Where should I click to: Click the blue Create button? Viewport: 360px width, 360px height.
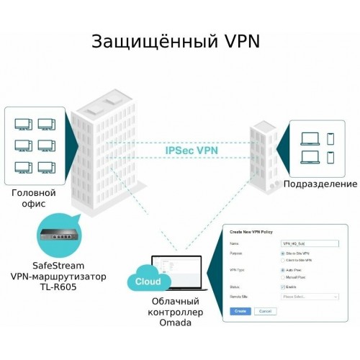[240, 311]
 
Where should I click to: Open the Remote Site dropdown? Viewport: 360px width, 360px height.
[310, 297]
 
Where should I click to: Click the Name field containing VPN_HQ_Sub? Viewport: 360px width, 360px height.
[310, 243]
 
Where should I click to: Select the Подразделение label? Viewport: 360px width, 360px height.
[318, 184]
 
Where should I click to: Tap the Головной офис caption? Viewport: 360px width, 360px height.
[32, 199]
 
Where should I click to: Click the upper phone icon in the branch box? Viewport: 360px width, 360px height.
[330, 138]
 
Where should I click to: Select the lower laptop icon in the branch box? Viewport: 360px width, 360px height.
[310, 157]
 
